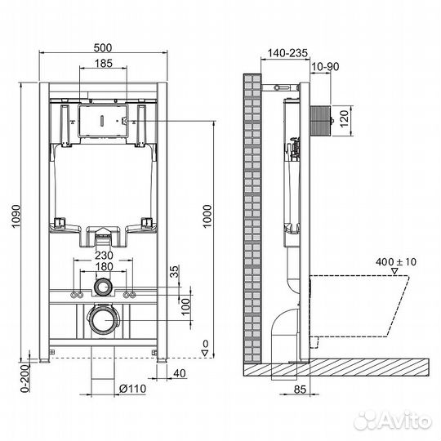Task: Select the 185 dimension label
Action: [102, 64]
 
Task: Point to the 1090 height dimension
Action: [17, 216]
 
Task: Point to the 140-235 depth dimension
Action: [282, 53]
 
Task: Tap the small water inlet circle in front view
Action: [102, 287]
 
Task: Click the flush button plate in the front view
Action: [102, 121]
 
